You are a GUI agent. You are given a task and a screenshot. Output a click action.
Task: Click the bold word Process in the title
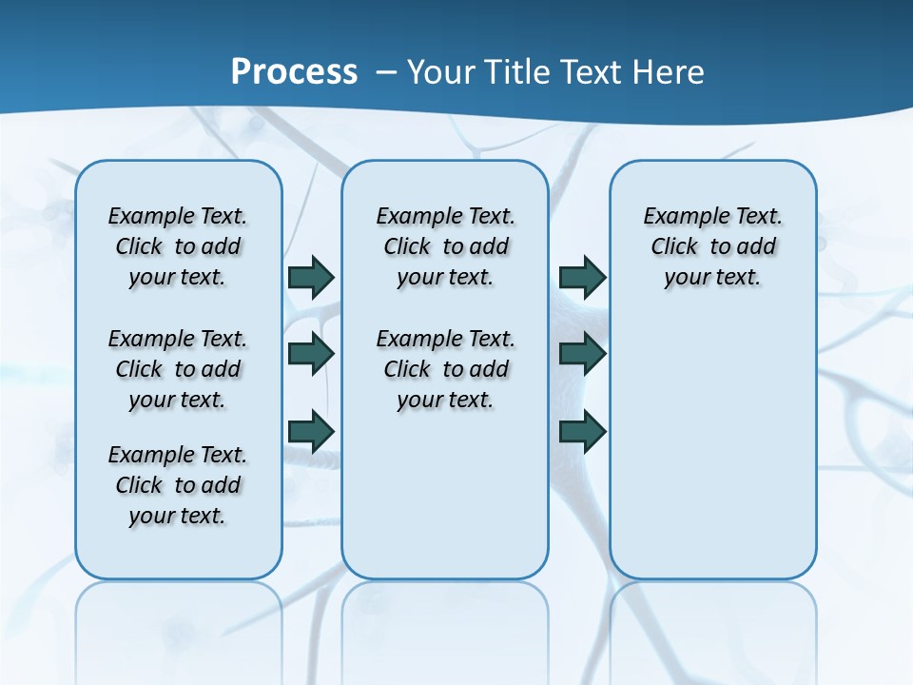pyautogui.click(x=294, y=72)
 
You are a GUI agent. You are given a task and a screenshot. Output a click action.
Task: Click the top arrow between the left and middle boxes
pyautogui.click(x=311, y=277)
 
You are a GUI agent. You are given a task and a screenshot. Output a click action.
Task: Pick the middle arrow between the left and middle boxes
pyautogui.click(x=311, y=354)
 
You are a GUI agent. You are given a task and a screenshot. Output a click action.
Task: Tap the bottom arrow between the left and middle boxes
pyautogui.click(x=311, y=431)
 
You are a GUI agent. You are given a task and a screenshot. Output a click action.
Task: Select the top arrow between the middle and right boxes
pyautogui.click(x=582, y=277)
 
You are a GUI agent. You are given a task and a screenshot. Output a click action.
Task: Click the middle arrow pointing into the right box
pyautogui.click(x=582, y=354)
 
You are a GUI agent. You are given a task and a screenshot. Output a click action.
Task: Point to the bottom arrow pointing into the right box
pyautogui.click(x=582, y=431)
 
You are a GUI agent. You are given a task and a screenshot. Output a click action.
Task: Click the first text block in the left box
pyautogui.click(x=178, y=246)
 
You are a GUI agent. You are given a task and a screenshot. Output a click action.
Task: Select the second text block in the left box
pyautogui.click(x=178, y=369)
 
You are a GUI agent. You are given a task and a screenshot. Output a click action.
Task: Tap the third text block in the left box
pyautogui.click(x=178, y=485)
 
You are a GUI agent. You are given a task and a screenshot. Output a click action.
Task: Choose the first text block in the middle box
pyautogui.click(x=445, y=246)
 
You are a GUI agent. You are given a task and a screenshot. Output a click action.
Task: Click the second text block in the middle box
pyautogui.click(x=445, y=369)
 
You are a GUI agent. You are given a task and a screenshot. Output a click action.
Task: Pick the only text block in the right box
pyautogui.click(x=713, y=246)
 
